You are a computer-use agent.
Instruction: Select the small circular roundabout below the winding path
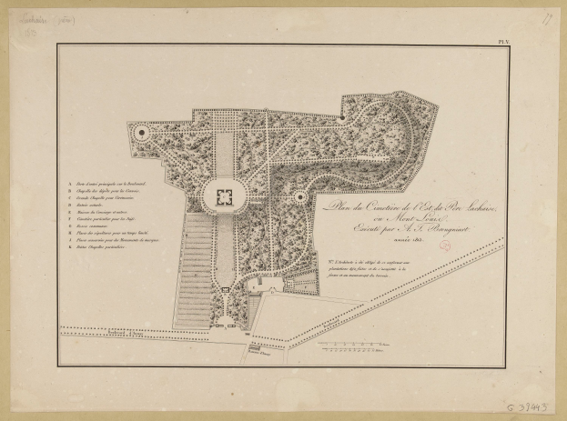(x=299, y=196)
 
